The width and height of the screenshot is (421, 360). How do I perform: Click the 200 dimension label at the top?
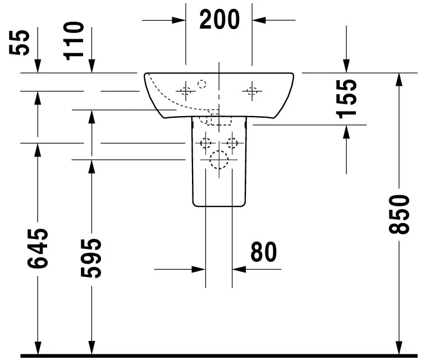coord(219,19)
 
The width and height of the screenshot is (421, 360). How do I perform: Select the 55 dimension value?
coord(19,43)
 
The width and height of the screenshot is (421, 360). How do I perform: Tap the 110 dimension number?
coord(74,41)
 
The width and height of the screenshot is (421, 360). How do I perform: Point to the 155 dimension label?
coord(346,99)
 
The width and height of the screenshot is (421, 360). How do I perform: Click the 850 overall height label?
coord(399,214)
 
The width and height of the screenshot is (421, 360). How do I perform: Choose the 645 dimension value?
coord(38,248)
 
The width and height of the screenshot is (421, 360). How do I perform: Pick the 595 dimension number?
coord(91,258)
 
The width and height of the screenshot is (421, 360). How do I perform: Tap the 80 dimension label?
coord(263,252)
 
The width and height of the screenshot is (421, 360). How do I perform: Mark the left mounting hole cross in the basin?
coord(186,91)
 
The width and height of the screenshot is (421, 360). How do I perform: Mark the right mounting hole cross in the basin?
coord(252,91)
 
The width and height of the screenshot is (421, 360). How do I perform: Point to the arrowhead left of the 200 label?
coord(179,20)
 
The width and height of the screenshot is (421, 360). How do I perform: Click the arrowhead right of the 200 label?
coord(259,20)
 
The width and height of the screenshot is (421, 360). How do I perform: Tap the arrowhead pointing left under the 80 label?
coord(239,269)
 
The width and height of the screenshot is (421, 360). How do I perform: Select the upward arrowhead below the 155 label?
coord(346,132)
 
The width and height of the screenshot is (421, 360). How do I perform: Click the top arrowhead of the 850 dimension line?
coord(399,80)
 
